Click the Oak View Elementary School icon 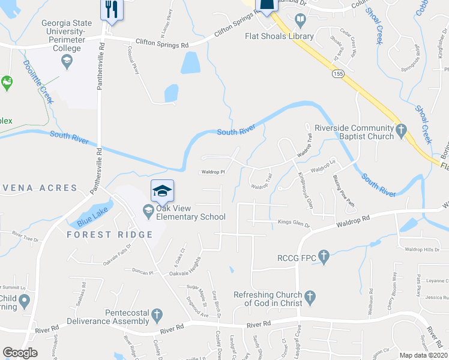click(x=148, y=209)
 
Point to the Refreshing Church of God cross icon click(x=309, y=296)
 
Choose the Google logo click(x=20, y=353)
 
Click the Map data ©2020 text click(x=424, y=355)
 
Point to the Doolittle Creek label click(x=38, y=81)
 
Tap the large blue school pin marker click(x=162, y=190)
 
